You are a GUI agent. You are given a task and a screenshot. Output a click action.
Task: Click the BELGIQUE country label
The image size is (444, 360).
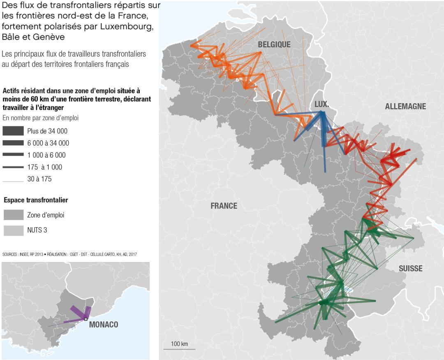pyautogui.click(x=274, y=44)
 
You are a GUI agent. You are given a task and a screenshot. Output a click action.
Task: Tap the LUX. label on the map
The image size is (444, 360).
pyautogui.click(x=321, y=105)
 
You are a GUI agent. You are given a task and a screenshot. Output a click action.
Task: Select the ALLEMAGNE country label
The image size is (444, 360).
pyautogui.click(x=405, y=107)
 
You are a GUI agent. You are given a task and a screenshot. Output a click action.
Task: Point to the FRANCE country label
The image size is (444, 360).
pyautogui.click(x=224, y=206)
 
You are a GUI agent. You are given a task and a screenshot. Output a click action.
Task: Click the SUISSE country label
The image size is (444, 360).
pyautogui.click(x=410, y=269)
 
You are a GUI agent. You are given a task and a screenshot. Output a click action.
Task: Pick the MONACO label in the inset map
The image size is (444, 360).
pyautogui.click(x=104, y=325)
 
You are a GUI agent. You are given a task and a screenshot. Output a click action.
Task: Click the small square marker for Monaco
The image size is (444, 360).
pyautogui.click(x=86, y=319)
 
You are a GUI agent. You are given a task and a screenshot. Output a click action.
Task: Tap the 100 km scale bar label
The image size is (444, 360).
pyautogui.click(x=179, y=344)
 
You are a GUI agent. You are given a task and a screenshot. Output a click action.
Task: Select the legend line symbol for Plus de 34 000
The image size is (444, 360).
pyautogui.click(x=13, y=131)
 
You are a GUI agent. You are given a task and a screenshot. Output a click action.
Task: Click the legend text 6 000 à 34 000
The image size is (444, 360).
pyautogui.click(x=48, y=143)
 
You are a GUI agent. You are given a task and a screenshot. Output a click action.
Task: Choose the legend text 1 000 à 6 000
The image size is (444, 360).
pyautogui.click(x=46, y=155)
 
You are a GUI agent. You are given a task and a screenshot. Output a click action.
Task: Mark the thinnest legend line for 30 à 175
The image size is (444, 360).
pyautogui.click(x=13, y=179)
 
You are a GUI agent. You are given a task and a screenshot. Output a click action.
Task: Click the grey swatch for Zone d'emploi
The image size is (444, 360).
pyautogui.click(x=13, y=215)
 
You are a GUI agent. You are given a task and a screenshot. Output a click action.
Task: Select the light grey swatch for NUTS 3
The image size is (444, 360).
pyautogui.click(x=13, y=230)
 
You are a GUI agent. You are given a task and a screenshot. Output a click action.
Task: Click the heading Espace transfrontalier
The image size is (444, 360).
pyautogui.click(x=36, y=200)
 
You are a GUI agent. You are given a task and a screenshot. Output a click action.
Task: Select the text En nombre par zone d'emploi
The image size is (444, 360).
pyautogui.click(x=40, y=118)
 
